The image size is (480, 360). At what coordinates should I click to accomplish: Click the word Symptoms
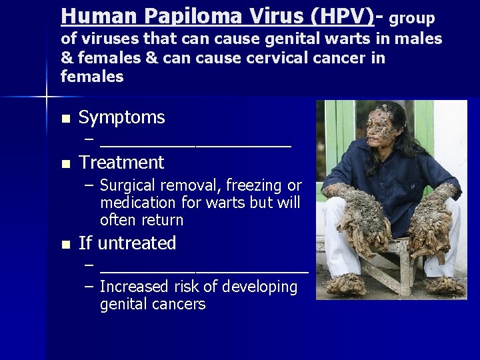(x=121, y=118)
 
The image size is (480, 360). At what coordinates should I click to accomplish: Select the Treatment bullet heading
(x=121, y=163)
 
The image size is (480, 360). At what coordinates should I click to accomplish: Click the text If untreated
(x=127, y=243)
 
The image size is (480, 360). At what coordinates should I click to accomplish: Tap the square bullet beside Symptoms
(x=65, y=119)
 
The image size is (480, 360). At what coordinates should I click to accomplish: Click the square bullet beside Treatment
(x=65, y=164)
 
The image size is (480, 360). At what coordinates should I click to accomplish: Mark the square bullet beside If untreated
(x=65, y=245)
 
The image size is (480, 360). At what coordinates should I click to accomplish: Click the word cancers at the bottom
(x=181, y=305)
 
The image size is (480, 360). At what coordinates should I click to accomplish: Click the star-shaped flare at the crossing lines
(x=47, y=97)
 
